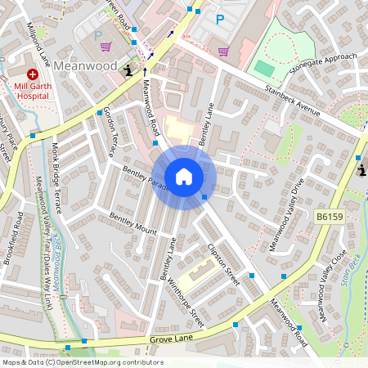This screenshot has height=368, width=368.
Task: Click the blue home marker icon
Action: click(x=184, y=176)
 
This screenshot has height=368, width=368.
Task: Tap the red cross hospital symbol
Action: click(x=33, y=74)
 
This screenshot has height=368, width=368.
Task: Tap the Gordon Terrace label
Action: click(x=110, y=132)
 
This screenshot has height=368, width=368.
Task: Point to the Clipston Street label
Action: click(x=223, y=263)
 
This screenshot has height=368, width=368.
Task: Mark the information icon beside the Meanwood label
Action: click(x=128, y=72)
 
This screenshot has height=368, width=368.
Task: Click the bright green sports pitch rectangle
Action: click(x=263, y=68)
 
